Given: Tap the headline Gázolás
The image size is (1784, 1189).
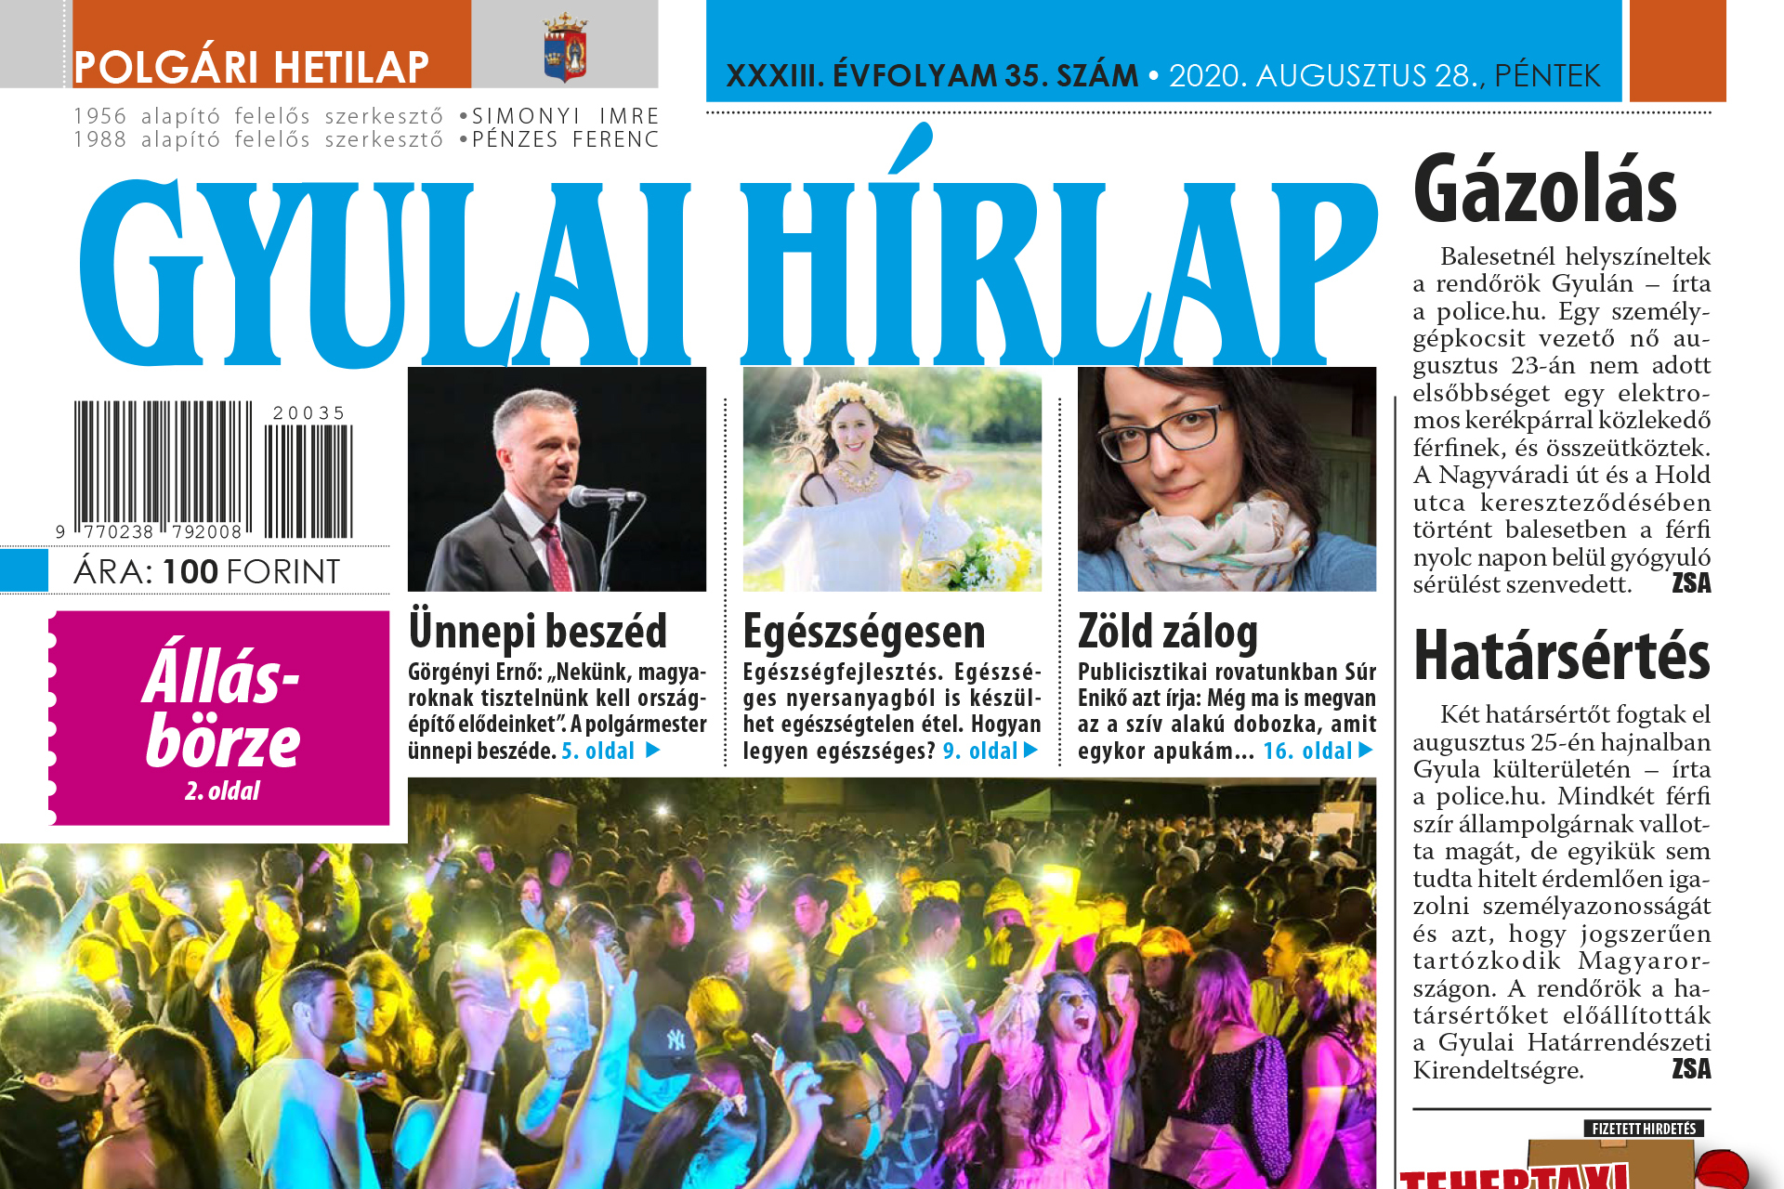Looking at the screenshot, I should click(1544, 190).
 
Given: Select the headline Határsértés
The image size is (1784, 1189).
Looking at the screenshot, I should click(1561, 656).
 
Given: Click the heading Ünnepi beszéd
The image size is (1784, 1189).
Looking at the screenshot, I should click(537, 632).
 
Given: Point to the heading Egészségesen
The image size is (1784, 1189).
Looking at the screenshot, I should click(863, 632).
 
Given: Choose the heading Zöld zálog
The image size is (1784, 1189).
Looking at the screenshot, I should click(1167, 632).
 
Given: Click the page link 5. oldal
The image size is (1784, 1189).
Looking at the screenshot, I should click(598, 751).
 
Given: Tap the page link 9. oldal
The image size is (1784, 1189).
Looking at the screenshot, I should click(980, 751).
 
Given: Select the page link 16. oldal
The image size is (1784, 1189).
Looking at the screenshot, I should click(1307, 751).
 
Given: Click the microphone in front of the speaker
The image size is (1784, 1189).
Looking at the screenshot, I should click(595, 495).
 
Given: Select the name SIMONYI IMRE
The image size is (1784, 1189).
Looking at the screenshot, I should click(565, 116).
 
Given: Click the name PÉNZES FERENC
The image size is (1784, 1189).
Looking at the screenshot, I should click(565, 139).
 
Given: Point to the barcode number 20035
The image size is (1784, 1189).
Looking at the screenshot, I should click(308, 412).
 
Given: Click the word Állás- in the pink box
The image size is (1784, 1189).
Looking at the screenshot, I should click(221, 675).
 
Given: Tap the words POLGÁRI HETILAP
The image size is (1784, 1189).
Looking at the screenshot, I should click(251, 67).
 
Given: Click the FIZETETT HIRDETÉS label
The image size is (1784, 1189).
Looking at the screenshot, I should click(1643, 1129).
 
